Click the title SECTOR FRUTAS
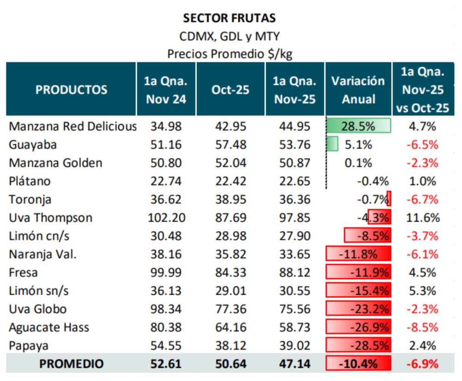click(229, 18)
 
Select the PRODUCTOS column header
click(71, 89)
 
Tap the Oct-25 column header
click(230, 89)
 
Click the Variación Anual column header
click(358, 89)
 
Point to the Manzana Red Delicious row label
click(73, 126)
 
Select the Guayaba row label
click(33, 145)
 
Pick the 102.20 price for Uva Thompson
click(166, 218)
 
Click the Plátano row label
click(30, 181)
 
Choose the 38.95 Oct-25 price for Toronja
click(230, 200)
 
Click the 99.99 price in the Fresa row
click(166, 273)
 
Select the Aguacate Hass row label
click(49, 327)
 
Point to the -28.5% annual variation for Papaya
click(359, 346)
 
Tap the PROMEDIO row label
click(71, 364)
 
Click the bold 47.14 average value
click(294, 364)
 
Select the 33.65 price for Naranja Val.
click(294, 254)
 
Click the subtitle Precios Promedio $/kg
click(230, 54)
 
